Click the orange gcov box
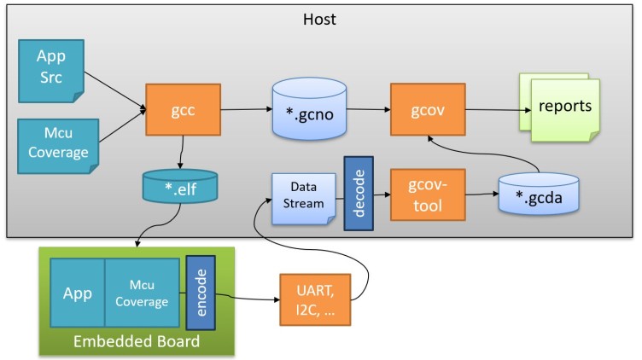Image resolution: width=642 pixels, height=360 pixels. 427,109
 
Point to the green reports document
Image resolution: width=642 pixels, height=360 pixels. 563,109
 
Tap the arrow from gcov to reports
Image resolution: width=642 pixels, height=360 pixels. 490,109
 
